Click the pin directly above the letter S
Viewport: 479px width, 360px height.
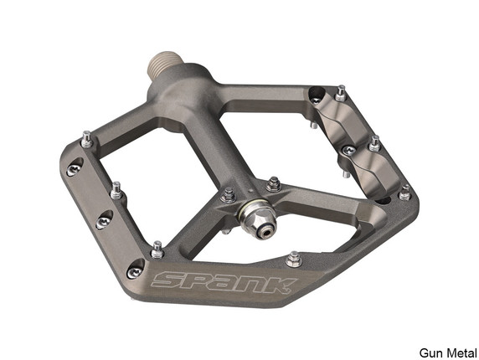[x=157, y=249]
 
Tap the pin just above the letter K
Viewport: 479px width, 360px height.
[x=293, y=258]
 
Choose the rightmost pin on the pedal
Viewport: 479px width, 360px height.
[x=404, y=192]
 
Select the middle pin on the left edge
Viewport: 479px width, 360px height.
[x=116, y=190]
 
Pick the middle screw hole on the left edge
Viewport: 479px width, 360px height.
[x=104, y=221]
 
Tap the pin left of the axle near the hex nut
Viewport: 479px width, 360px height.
[x=228, y=195]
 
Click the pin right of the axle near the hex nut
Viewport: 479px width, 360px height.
[x=273, y=183]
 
